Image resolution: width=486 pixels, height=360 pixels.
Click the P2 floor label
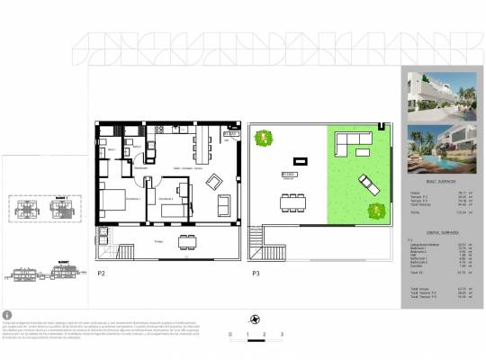pyautogui.click(x=101, y=272)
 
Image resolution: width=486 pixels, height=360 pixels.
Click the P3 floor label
pyautogui.click(x=256, y=272)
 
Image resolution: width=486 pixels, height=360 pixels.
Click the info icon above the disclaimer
pyautogui.click(x=7, y=315)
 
